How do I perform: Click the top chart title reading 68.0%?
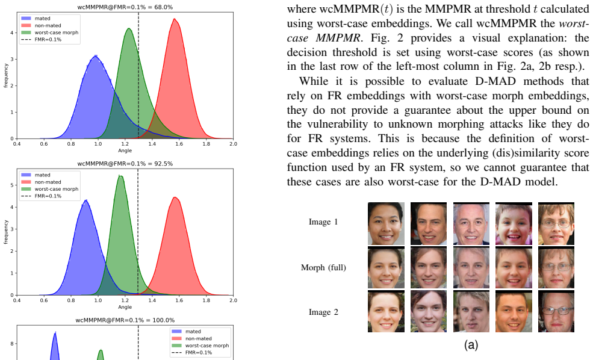[x=125, y=7]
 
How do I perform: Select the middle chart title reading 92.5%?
[x=125, y=164]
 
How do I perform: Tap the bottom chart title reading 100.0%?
[x=125, y=320]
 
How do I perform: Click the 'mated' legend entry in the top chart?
[x=36, y=18]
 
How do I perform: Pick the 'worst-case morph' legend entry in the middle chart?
[x=50, y=189]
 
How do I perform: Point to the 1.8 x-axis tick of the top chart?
[x=206, y=144]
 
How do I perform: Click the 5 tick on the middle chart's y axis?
[x=12, y=185]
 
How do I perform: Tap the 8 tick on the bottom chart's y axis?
[x=12, y=344]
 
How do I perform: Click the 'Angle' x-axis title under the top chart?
[x=125, y=151]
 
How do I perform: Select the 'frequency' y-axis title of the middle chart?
[x=5, y=232]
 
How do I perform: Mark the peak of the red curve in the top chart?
[x=175, y=19]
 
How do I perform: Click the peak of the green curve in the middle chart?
[x=120, y=176]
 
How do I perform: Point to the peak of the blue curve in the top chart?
[x=96, y=56]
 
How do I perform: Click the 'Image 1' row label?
[x=323, y=222]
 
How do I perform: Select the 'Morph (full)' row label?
[x=323, y=268]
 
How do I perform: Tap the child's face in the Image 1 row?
[x=514, y=224]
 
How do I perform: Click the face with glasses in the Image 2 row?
[x=556, y=311]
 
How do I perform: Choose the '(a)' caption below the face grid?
[x=471, y=345]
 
